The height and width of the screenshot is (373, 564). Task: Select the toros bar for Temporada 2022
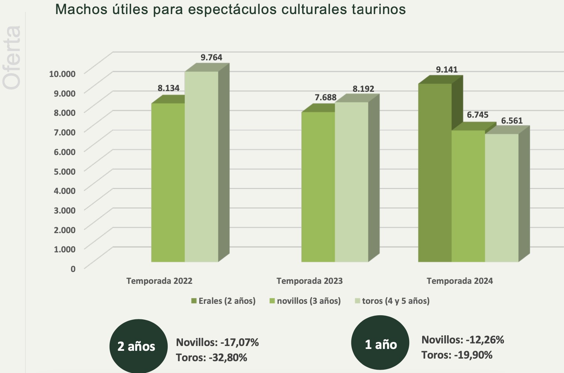tap(201, 167)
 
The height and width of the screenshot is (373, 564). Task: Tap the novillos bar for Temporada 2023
tap(318, 187)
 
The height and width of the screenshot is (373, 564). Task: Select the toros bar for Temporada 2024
tap(501, 198)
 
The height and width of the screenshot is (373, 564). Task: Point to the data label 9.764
tap(211, 57)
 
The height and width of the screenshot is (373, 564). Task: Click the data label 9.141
tap(447, 70)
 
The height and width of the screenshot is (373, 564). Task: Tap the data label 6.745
tap(477, 115)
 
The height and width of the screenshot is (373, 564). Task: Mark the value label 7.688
tap(326, 98)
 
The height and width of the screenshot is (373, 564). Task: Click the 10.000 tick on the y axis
tap(62, 73)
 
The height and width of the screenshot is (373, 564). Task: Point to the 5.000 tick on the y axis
tap(64, 171)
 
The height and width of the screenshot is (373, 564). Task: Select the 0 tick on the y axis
tap(73, 269)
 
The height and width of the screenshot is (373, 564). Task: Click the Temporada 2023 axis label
tap(310, 281)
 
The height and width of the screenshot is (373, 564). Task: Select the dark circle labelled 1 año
tap(380, 345)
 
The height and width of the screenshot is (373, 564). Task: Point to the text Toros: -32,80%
tap(211, 357)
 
